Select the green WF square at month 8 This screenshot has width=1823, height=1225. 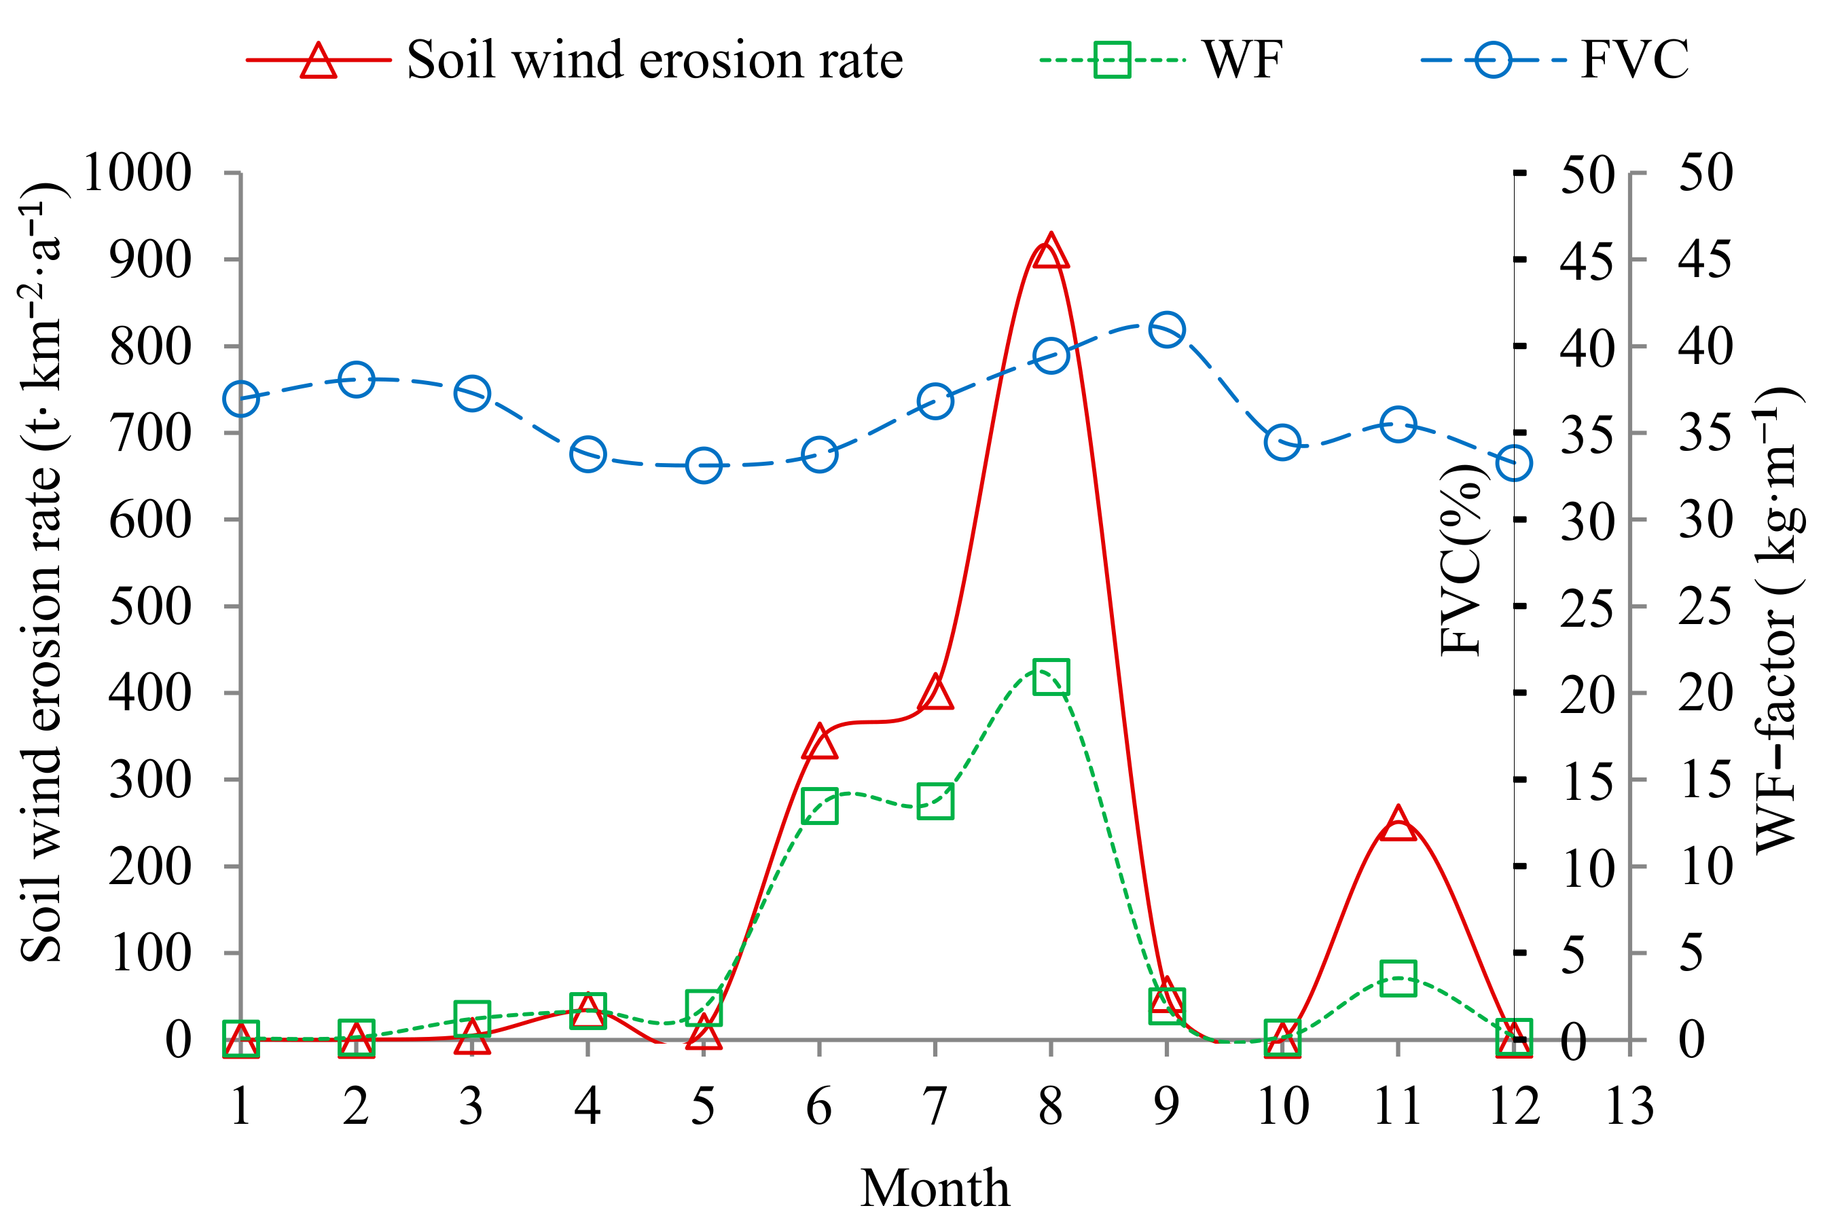pos(1050,676)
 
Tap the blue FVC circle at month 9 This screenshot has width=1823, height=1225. pos(1166,330)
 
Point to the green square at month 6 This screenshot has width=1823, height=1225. pos(819,805)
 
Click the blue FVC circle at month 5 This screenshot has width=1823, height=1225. pos(703,466)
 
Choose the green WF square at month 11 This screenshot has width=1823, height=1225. pos(1397,978)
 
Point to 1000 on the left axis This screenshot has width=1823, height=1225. pos(137,172)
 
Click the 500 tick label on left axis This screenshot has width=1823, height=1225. pos(150,606)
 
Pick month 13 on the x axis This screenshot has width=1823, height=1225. pos(1629,1106)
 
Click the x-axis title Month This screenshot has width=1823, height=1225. pos(935,1188)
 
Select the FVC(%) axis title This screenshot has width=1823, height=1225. pos(1460,560)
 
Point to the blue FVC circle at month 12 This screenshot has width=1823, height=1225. pos(1513,463)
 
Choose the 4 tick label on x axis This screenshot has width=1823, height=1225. pos(588,1106)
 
